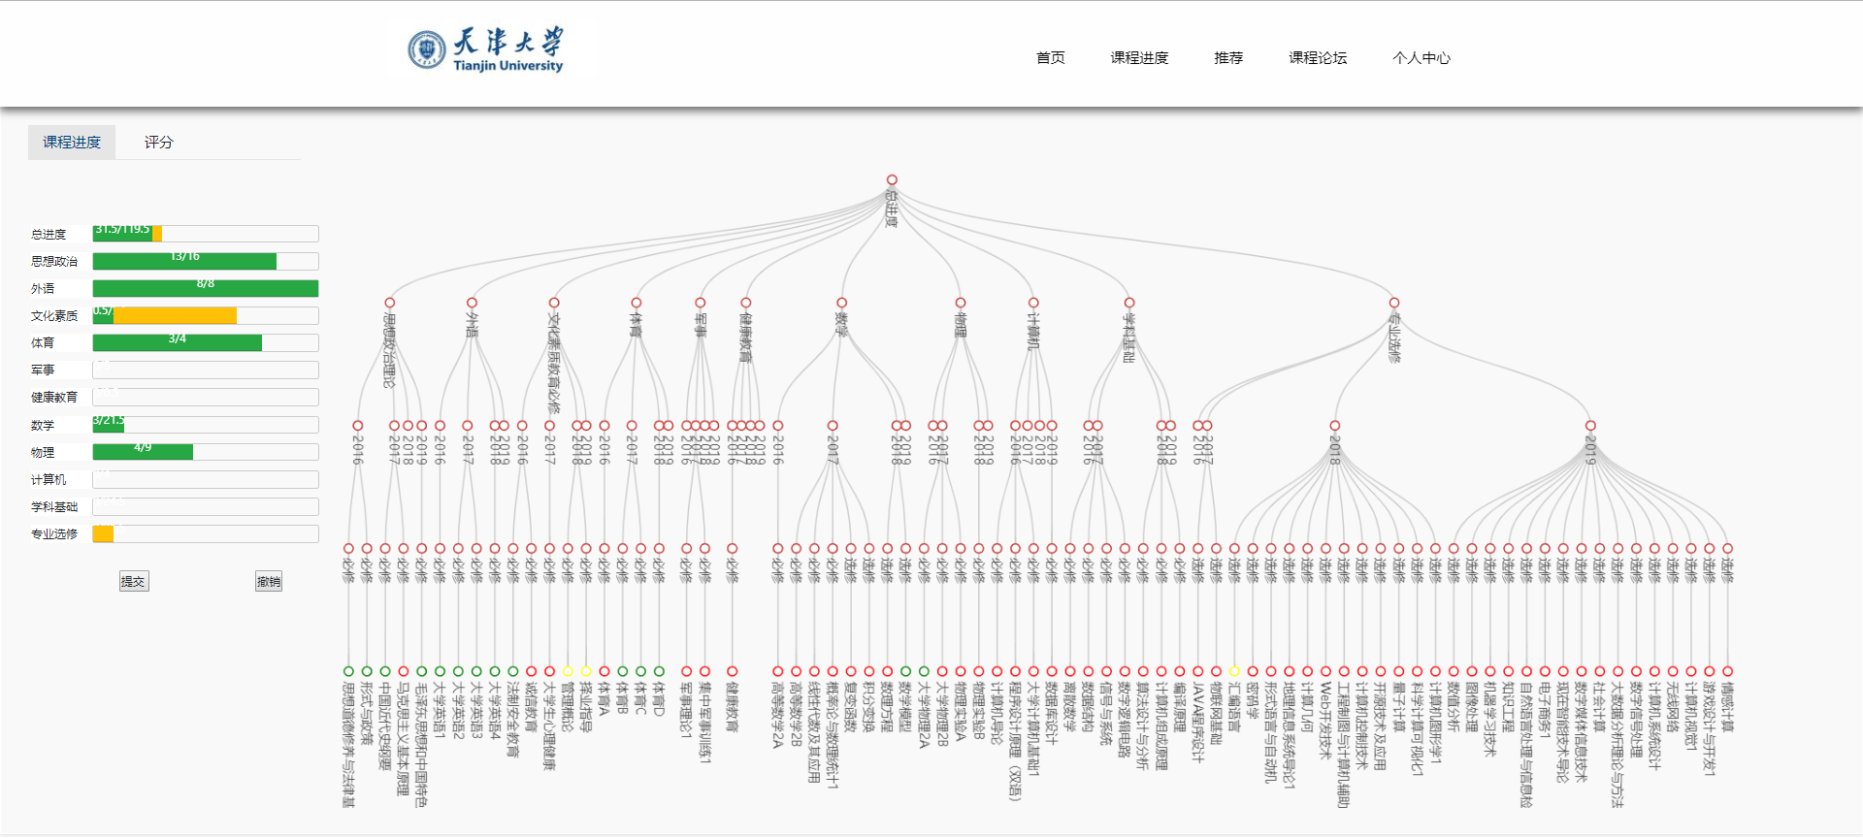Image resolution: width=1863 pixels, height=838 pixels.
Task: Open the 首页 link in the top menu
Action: click(1050, 58)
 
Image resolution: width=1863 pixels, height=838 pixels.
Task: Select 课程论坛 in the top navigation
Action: click(1317, 58)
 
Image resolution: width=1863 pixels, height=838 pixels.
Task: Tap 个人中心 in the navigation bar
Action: click(1421, 58)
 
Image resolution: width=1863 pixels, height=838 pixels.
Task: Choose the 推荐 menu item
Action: click(1227, 58)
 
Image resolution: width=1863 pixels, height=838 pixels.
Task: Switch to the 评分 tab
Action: click(158, 143)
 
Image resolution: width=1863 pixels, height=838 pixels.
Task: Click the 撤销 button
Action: click(268, 582)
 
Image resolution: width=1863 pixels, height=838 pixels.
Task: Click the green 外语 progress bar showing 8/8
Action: click(205, 288)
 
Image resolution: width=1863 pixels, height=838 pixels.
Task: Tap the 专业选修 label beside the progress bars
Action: click(53, 534)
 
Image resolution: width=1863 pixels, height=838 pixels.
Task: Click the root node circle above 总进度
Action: click(892, 179)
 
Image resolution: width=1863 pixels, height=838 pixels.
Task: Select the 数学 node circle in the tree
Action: click(841, 303)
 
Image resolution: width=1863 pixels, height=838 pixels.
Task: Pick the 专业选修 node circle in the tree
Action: click(1393, 303)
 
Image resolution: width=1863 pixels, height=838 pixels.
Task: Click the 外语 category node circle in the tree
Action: click(472, 303)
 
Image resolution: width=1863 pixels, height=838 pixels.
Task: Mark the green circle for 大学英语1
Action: click(440, 671)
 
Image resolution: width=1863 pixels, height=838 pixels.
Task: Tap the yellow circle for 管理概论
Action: click(568, 671)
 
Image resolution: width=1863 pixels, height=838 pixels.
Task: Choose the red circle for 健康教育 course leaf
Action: click(732, 671)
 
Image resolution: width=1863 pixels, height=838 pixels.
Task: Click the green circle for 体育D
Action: click(659, 671)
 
